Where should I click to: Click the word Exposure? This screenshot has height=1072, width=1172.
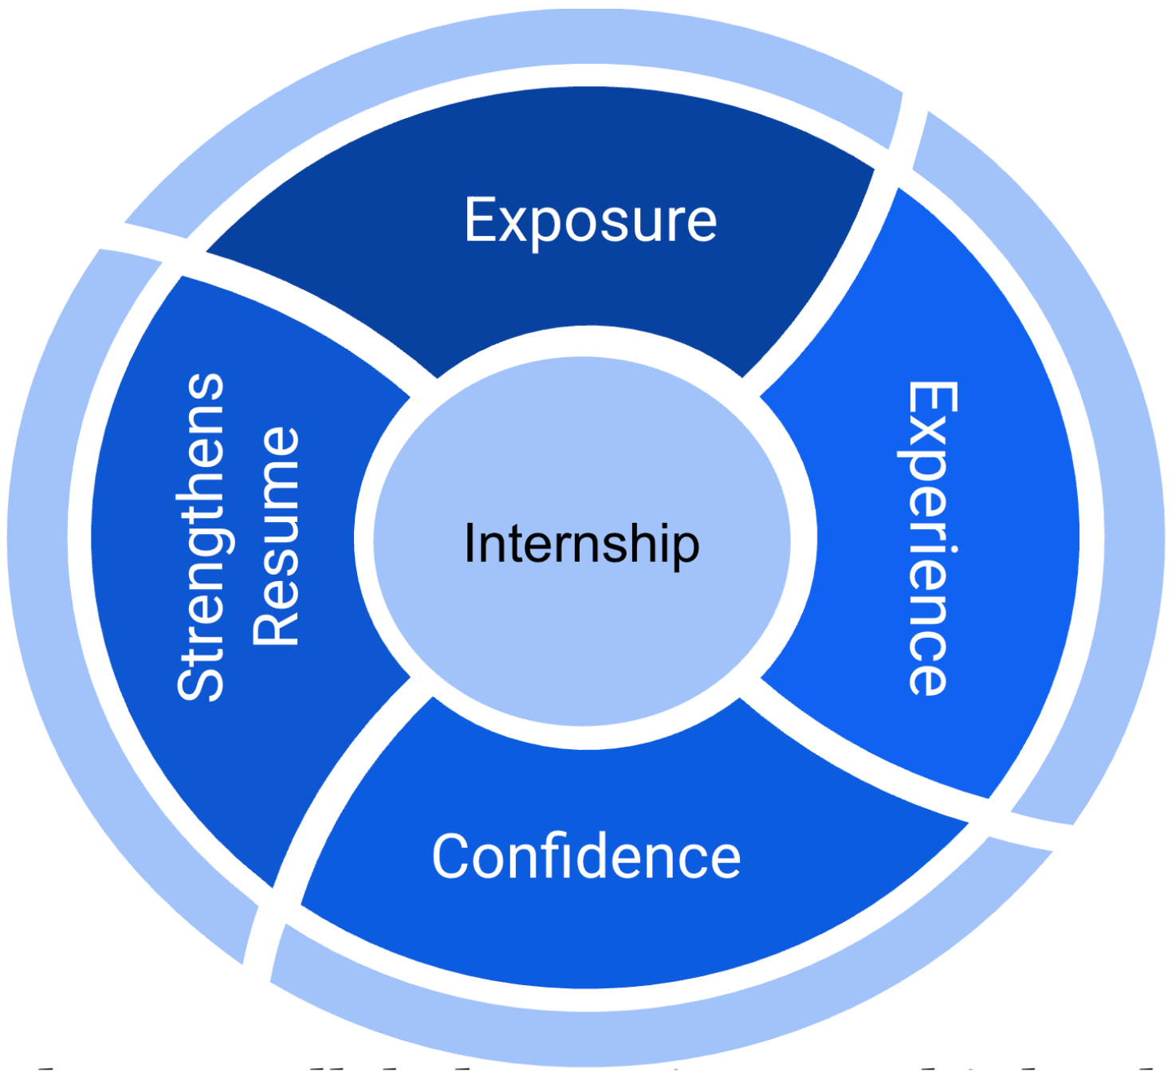click(590, 220)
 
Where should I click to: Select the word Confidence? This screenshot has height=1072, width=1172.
click(586, 857)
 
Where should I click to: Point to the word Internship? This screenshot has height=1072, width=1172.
click(582, 544)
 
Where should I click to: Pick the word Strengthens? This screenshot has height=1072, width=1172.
click(202, 536)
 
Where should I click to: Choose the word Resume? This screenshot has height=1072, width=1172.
click(276, 536)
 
